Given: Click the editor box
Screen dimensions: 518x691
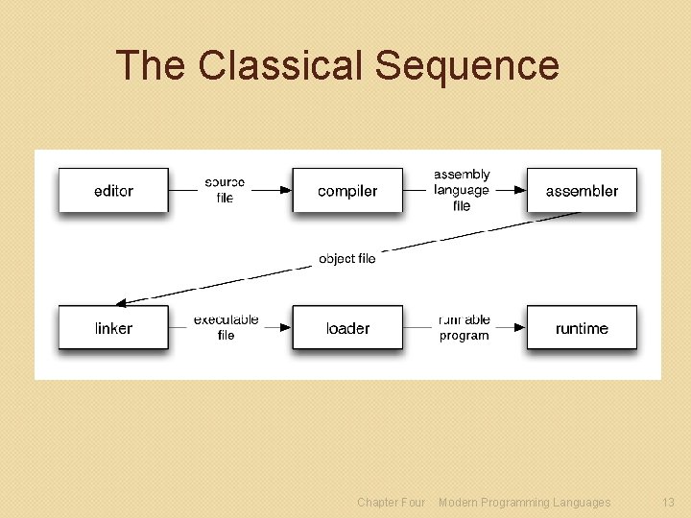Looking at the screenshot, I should (113, 191).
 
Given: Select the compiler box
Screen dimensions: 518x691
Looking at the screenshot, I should (347, 191).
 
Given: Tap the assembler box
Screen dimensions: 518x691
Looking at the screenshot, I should (582, 191).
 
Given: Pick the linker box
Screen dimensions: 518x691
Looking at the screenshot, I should (113, 328).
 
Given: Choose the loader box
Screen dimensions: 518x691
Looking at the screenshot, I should (347, 328).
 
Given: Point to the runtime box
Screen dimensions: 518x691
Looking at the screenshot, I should (582, 328).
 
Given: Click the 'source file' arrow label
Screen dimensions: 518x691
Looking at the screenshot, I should (225, 190).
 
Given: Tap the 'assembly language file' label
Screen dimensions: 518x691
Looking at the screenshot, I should (462, 190).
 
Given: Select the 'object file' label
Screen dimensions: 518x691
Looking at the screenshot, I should (347, 258).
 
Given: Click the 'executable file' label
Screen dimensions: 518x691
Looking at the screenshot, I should (226, 327).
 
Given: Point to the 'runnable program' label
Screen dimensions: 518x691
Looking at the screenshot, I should (465, 327).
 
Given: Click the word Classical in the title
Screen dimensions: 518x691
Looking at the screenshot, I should (282, 65).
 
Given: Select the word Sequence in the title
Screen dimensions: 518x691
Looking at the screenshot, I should (466, 65).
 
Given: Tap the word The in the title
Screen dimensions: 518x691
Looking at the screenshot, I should (151, 65).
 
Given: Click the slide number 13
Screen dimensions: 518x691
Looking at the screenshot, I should (668, 502).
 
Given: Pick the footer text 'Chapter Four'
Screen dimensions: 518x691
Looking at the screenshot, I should (391, 502).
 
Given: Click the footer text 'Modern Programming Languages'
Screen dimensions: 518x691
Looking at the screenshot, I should (524, 502).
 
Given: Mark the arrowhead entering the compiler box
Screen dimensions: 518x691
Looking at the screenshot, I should (285, 191).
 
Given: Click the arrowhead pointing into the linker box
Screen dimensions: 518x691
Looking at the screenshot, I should (118, 302).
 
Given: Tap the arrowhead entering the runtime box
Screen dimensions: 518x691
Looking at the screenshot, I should (519, 328).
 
